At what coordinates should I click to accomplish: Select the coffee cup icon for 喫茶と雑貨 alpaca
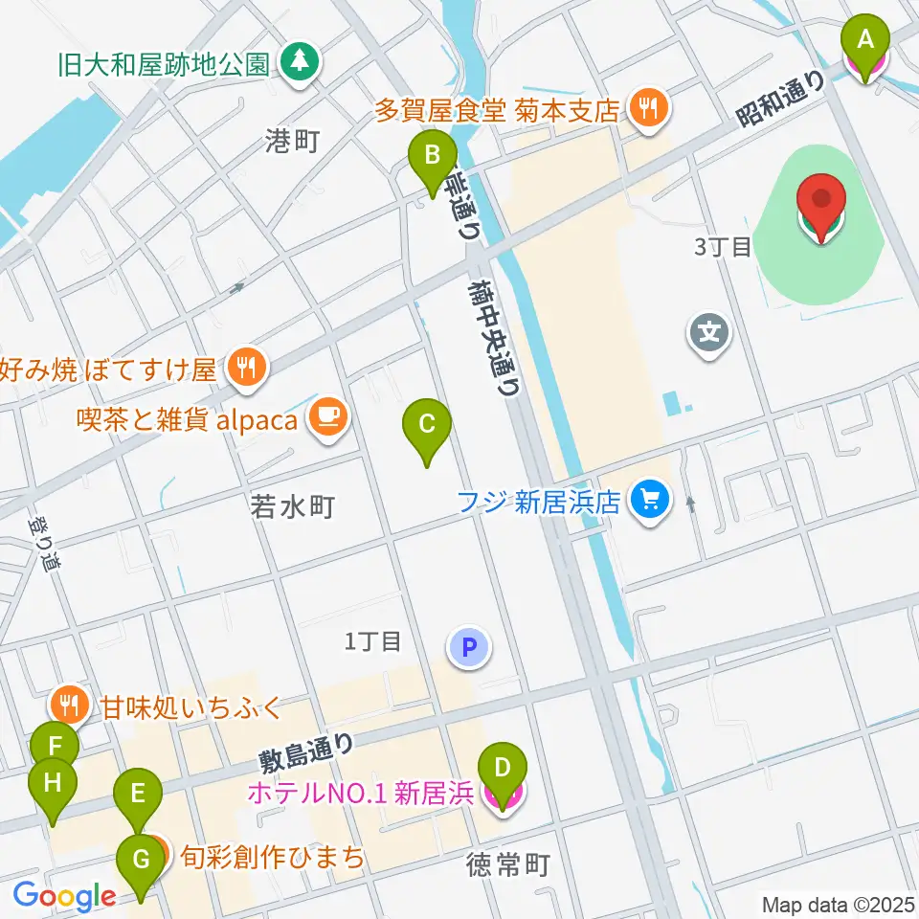click(328, 416)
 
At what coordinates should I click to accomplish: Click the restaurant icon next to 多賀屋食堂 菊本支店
click(649, 108)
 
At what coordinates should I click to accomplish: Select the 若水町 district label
click(292, 506)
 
